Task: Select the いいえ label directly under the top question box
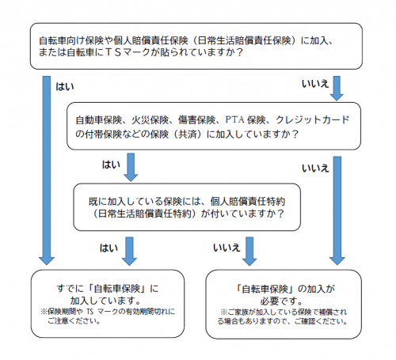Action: pos(316,83)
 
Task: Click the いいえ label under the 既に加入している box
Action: pos(227,248)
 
